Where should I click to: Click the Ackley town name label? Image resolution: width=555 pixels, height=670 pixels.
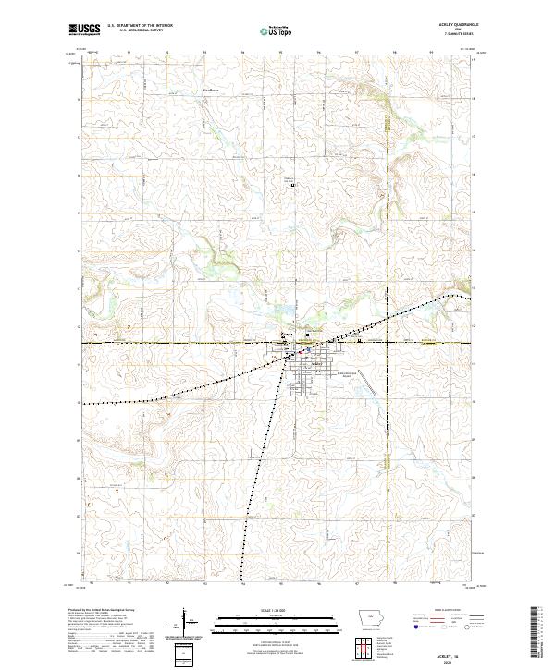(x=316, y=363)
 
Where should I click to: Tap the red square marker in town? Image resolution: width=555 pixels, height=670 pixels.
(x=300, y=351)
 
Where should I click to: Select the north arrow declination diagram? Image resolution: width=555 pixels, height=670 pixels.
(x=185, y=624)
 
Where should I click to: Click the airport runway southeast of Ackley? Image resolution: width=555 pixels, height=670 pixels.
(x=368, y=380)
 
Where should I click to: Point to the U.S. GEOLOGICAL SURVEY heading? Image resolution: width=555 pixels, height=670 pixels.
(x=134, y=31)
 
